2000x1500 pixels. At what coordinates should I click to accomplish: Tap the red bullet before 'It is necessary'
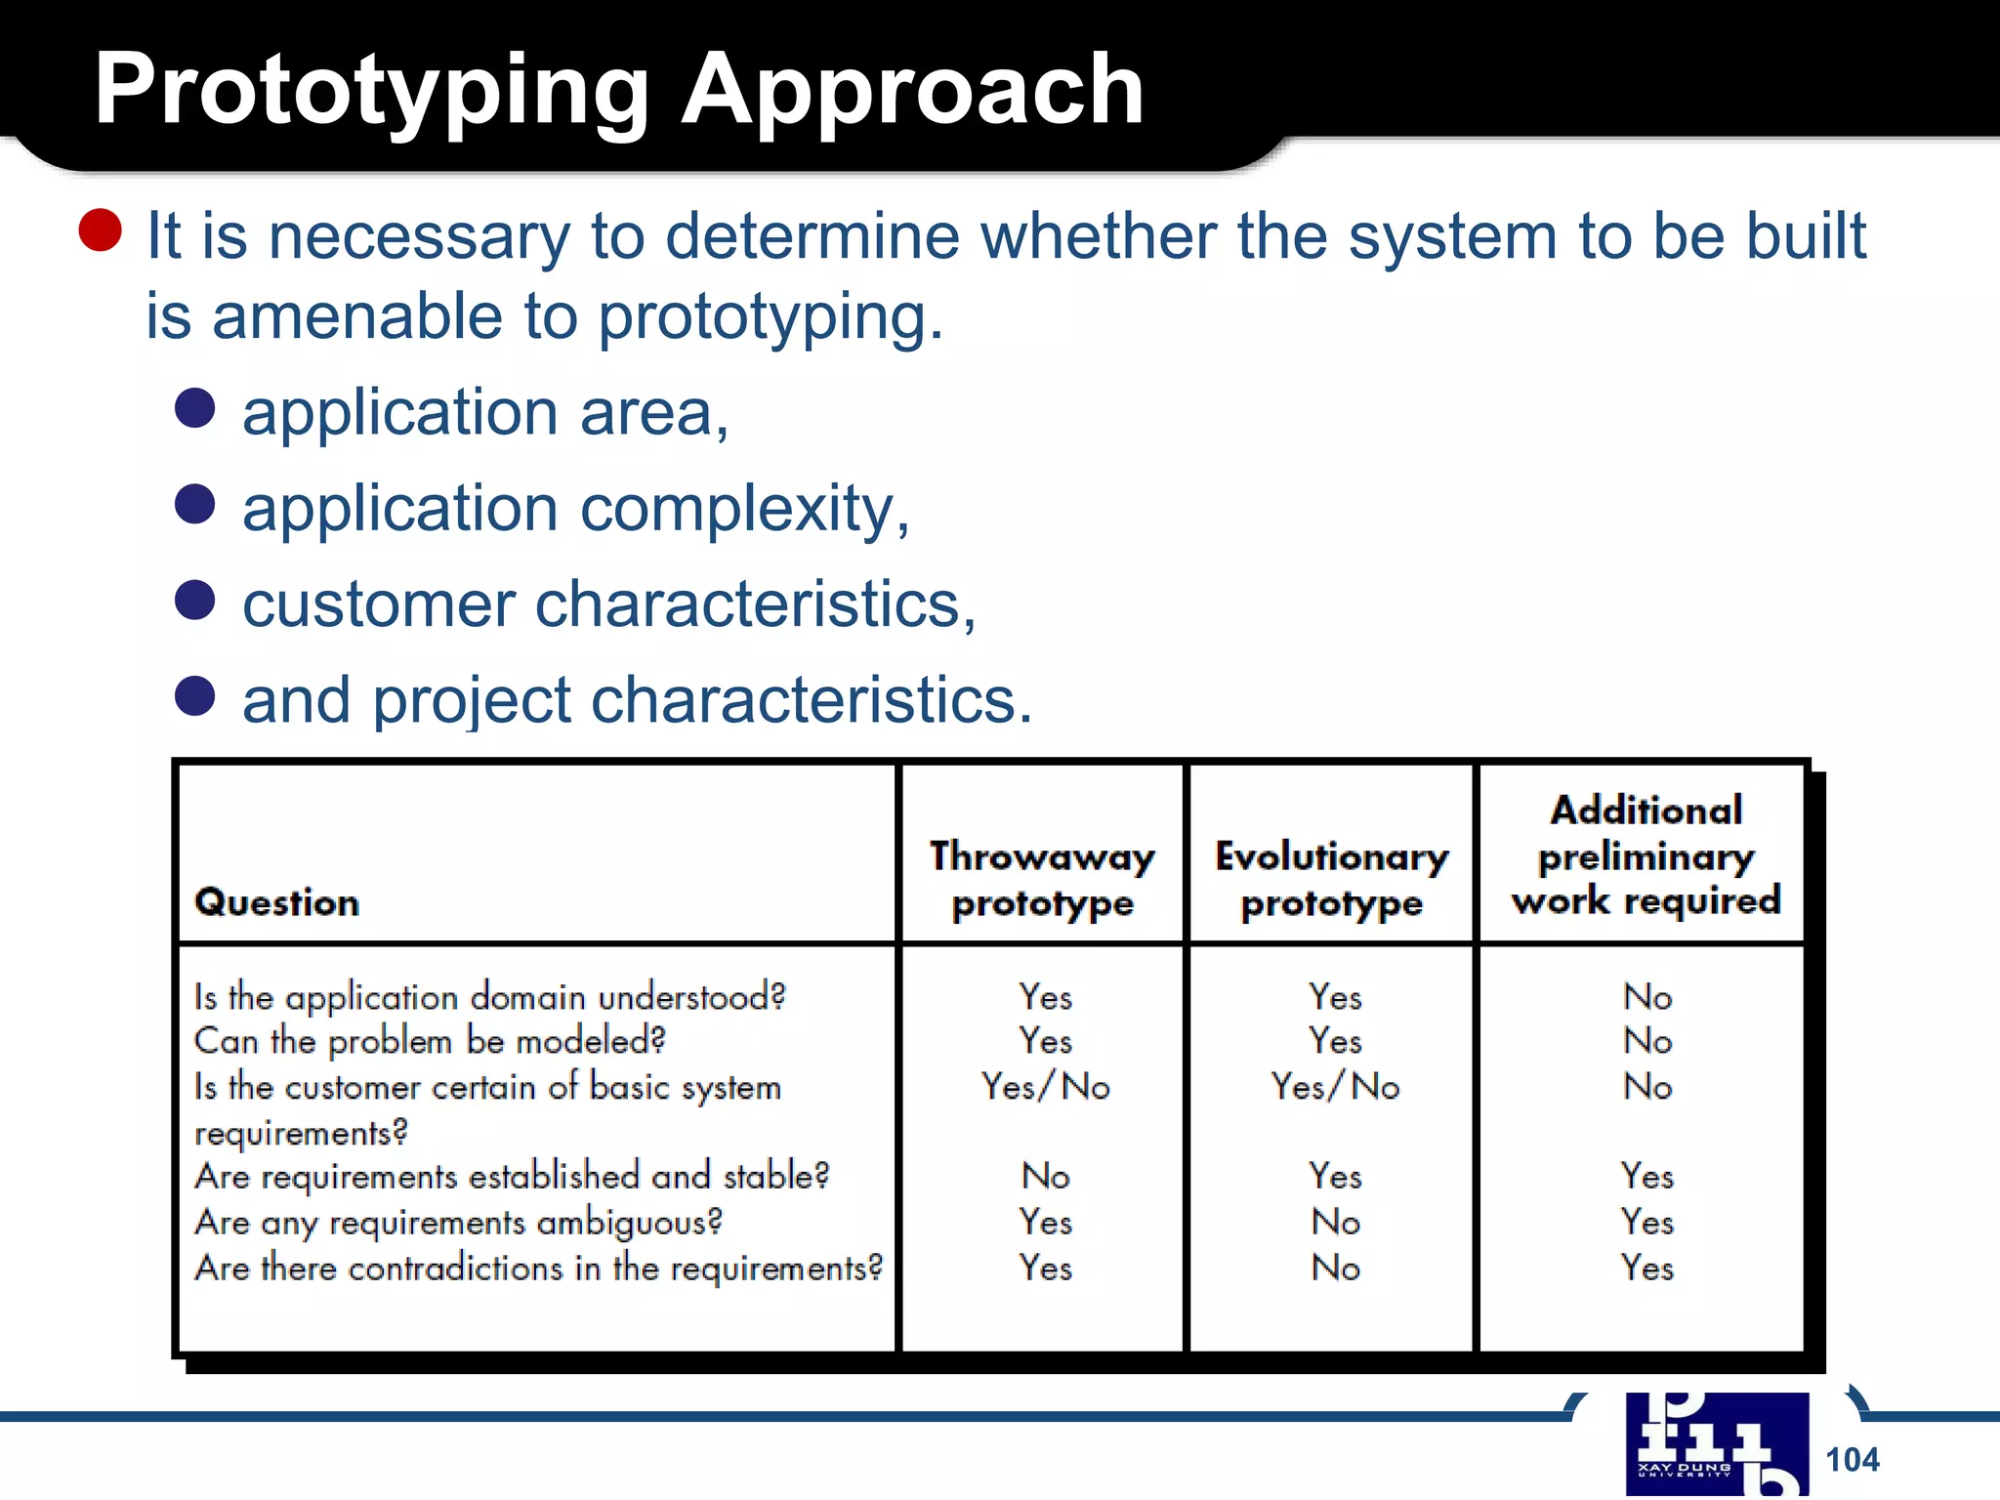pos(101,231)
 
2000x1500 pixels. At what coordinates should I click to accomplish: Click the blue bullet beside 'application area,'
pos(194,408)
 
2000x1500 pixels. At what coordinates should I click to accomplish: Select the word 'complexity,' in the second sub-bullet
pos(745,510)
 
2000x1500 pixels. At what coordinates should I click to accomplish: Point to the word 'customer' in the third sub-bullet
pos(378,604)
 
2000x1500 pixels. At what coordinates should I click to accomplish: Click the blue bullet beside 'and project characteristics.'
pos(194,696)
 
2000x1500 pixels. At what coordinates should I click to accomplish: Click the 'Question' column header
pos(277,902)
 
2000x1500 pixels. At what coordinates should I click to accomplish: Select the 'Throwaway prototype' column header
pos(1042,879)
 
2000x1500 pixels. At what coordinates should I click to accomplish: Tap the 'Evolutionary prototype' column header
pos(1332,879)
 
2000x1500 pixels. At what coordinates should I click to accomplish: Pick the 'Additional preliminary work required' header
pos(1646,855)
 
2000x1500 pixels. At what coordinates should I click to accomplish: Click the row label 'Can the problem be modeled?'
pos(430,1041)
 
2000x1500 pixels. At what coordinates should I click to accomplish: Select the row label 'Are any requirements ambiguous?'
pos(458,1222)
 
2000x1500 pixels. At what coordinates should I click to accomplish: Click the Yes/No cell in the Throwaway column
pos(1046,1087)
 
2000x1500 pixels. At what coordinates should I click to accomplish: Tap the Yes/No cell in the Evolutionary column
pos(1335,1087)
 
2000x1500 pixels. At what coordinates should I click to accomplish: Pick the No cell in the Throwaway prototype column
pos(1046,1176)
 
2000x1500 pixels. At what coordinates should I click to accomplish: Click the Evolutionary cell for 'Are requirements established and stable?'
pos(1335,1176)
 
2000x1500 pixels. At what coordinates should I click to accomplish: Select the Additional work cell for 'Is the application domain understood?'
pos(1647,997)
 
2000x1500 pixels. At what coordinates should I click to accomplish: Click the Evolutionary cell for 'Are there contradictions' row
pos(1335,1268)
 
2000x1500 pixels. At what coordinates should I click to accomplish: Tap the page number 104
pos(1852,1460)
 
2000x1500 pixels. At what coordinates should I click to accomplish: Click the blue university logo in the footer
pos(1716,1443)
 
